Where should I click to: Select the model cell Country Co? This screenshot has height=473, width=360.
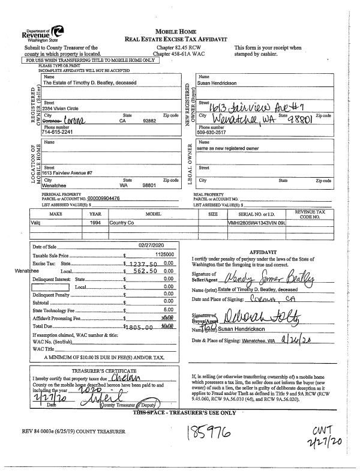[122, 223]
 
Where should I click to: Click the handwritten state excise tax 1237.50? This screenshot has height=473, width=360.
[144, 264]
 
